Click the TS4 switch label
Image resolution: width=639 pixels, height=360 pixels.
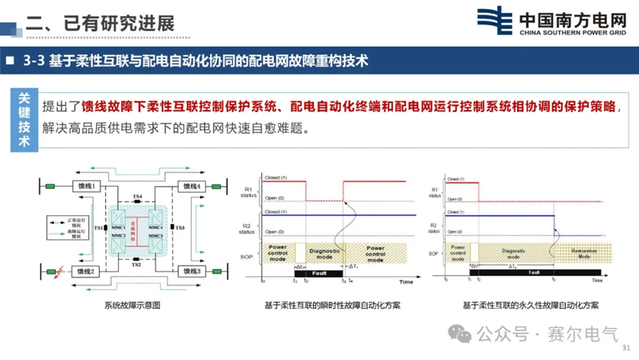tap(138, 196)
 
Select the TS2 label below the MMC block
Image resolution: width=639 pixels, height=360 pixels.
tap(136, 265)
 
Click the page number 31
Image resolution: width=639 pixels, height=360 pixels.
tap(625, 348)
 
